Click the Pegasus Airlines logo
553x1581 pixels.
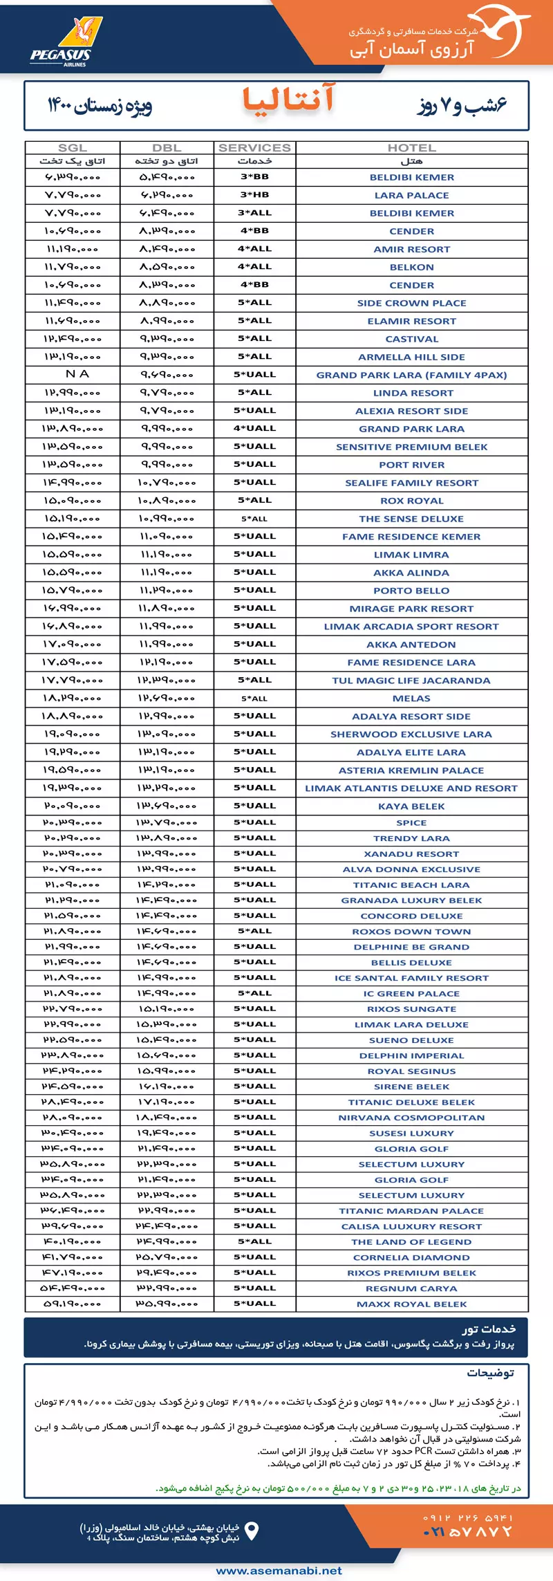tap(66, 41)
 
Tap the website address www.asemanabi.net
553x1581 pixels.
tap(279, 1570)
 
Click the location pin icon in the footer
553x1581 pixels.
tap(252, 1531)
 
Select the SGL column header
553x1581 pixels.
tap(73, 148)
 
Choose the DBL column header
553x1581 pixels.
tap(167, 148)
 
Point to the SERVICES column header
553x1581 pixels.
tap(254, 148)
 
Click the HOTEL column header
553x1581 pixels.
tap(411, 148)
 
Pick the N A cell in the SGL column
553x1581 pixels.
tap(77, 374)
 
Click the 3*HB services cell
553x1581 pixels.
tap(254, 195)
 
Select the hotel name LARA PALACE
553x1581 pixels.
tap(411, 196)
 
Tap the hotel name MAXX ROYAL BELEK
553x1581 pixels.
tap(411, 1304)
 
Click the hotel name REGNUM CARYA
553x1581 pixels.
tap(411, 1288)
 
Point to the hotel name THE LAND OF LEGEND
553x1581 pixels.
tap(411, 1241)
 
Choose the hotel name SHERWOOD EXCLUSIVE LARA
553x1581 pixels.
tap(411, 734)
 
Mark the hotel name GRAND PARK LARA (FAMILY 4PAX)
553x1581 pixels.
tap(411, 375)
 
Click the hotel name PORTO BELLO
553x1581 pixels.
tap(411, 591)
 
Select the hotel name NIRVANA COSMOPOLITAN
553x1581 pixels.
tap(411, 1118)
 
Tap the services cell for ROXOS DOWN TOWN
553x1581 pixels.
tap(254, 931)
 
